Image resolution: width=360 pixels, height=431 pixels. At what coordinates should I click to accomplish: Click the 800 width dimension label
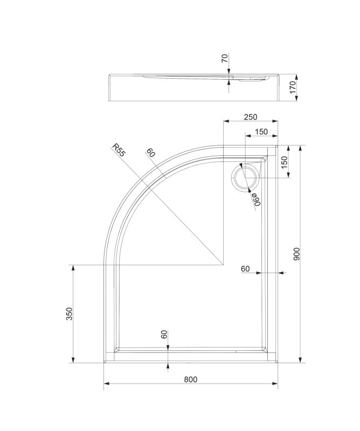coord(191,379)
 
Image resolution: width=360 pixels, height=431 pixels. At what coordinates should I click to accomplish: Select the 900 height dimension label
coord(297,254)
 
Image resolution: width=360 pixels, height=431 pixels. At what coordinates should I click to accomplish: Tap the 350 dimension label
coord(70,314)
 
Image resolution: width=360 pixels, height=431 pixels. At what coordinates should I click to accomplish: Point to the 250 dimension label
coord(251,117)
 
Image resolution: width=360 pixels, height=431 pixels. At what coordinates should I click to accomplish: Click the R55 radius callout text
coord(118,150)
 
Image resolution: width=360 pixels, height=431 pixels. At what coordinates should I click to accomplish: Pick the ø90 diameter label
coord(257,199)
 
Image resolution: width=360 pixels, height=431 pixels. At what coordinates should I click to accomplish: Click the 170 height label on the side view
coord(293,87)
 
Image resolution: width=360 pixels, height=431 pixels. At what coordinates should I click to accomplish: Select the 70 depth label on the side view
coord(225,58)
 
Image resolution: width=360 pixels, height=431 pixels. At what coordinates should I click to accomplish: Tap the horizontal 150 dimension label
coord(261,132)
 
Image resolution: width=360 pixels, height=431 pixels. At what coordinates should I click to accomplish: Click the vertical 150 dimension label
coord(285,163)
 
